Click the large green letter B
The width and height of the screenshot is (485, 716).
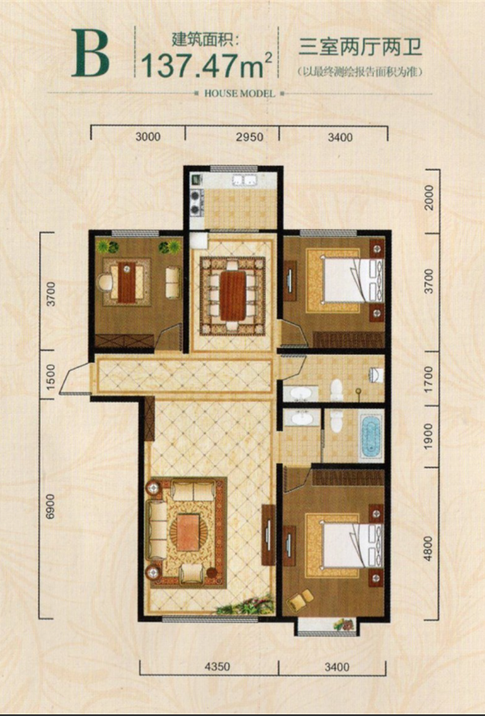pos(90,53)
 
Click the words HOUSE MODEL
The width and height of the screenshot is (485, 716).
pos(240,94)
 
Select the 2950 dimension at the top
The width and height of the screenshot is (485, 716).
pos(250,136)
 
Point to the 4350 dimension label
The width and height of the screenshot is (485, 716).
pos(218,667)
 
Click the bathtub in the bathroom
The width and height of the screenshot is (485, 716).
pos(371,435)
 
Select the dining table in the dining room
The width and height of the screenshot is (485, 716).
pos(233,296)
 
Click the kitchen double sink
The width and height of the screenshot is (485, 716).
pos(245,180)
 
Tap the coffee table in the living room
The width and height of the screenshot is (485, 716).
pos(187,532)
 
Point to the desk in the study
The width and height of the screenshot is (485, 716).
pos(126,282)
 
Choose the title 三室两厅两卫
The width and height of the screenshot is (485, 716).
pos(360,47)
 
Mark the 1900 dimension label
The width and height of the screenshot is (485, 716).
pos(428,436)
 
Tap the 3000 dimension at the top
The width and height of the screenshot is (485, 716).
pos(148,136)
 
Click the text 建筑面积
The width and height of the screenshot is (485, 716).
pos(205,39)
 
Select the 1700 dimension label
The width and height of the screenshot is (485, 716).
pos(428,377)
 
